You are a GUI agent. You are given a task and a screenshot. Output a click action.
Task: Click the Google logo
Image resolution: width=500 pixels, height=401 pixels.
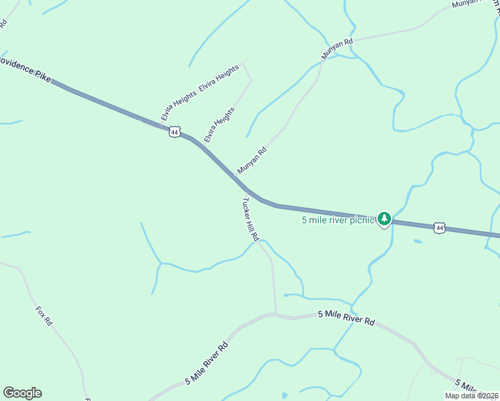pos(22,393)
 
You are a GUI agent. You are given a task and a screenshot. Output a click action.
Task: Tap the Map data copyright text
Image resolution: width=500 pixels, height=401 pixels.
pos(472,396)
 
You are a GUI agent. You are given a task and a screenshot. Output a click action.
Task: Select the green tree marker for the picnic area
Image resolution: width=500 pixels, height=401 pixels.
pos(384,219)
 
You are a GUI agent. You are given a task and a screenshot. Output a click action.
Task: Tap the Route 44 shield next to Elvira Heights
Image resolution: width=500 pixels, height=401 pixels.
pos(174,132)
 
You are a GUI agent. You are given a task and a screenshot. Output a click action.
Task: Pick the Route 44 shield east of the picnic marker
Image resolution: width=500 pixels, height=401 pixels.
pos(439,228)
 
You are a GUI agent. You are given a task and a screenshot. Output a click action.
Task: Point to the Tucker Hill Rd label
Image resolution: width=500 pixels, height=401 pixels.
pos(251,219)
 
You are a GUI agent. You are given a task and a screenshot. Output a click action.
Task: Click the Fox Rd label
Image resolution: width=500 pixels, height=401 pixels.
pos(44,315)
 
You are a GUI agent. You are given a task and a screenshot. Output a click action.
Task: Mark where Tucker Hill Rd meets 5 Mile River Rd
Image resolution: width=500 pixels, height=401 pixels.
pos(275,313)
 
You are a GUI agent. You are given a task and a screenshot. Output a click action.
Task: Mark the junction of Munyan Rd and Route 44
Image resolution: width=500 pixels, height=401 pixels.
pos(233,175)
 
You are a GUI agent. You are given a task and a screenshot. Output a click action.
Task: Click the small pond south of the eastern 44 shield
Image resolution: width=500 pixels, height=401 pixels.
pos(418,241)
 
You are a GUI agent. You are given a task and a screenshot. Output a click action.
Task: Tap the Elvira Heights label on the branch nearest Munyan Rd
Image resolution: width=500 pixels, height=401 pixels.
pos(220,124)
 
